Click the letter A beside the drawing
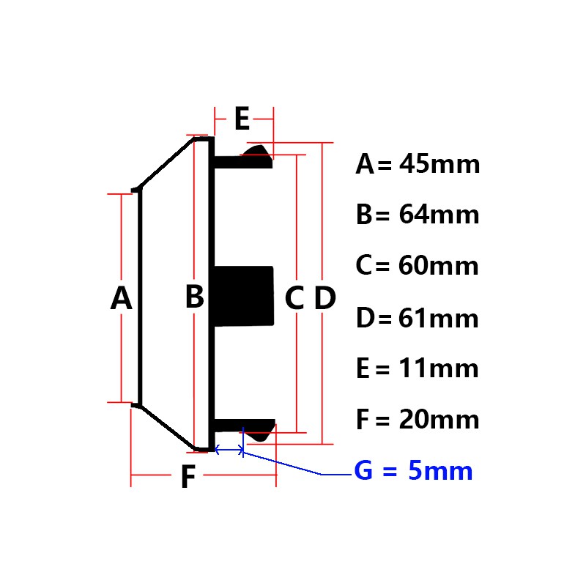tap(121, 298)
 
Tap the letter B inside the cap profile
tap(194, 297)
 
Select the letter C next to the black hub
tap(294, 298)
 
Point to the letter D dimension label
tap(324, 298)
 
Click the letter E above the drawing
tap(242, 119)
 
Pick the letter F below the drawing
tap(188, 476)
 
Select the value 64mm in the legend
tap(439, 215)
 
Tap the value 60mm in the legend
tap(438, 266)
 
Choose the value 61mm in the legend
tap(438, 319)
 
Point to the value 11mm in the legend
tap(438, 368)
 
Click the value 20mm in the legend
tap(439, 420)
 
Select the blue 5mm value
tap(440, 470)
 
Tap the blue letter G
tap(363, 470)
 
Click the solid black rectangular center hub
tap(244, 296)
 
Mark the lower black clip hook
tap(245, 429)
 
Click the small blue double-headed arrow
tap(229, 450)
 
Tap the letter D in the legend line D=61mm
tap(365, 319)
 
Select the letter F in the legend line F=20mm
tap(363, 420)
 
